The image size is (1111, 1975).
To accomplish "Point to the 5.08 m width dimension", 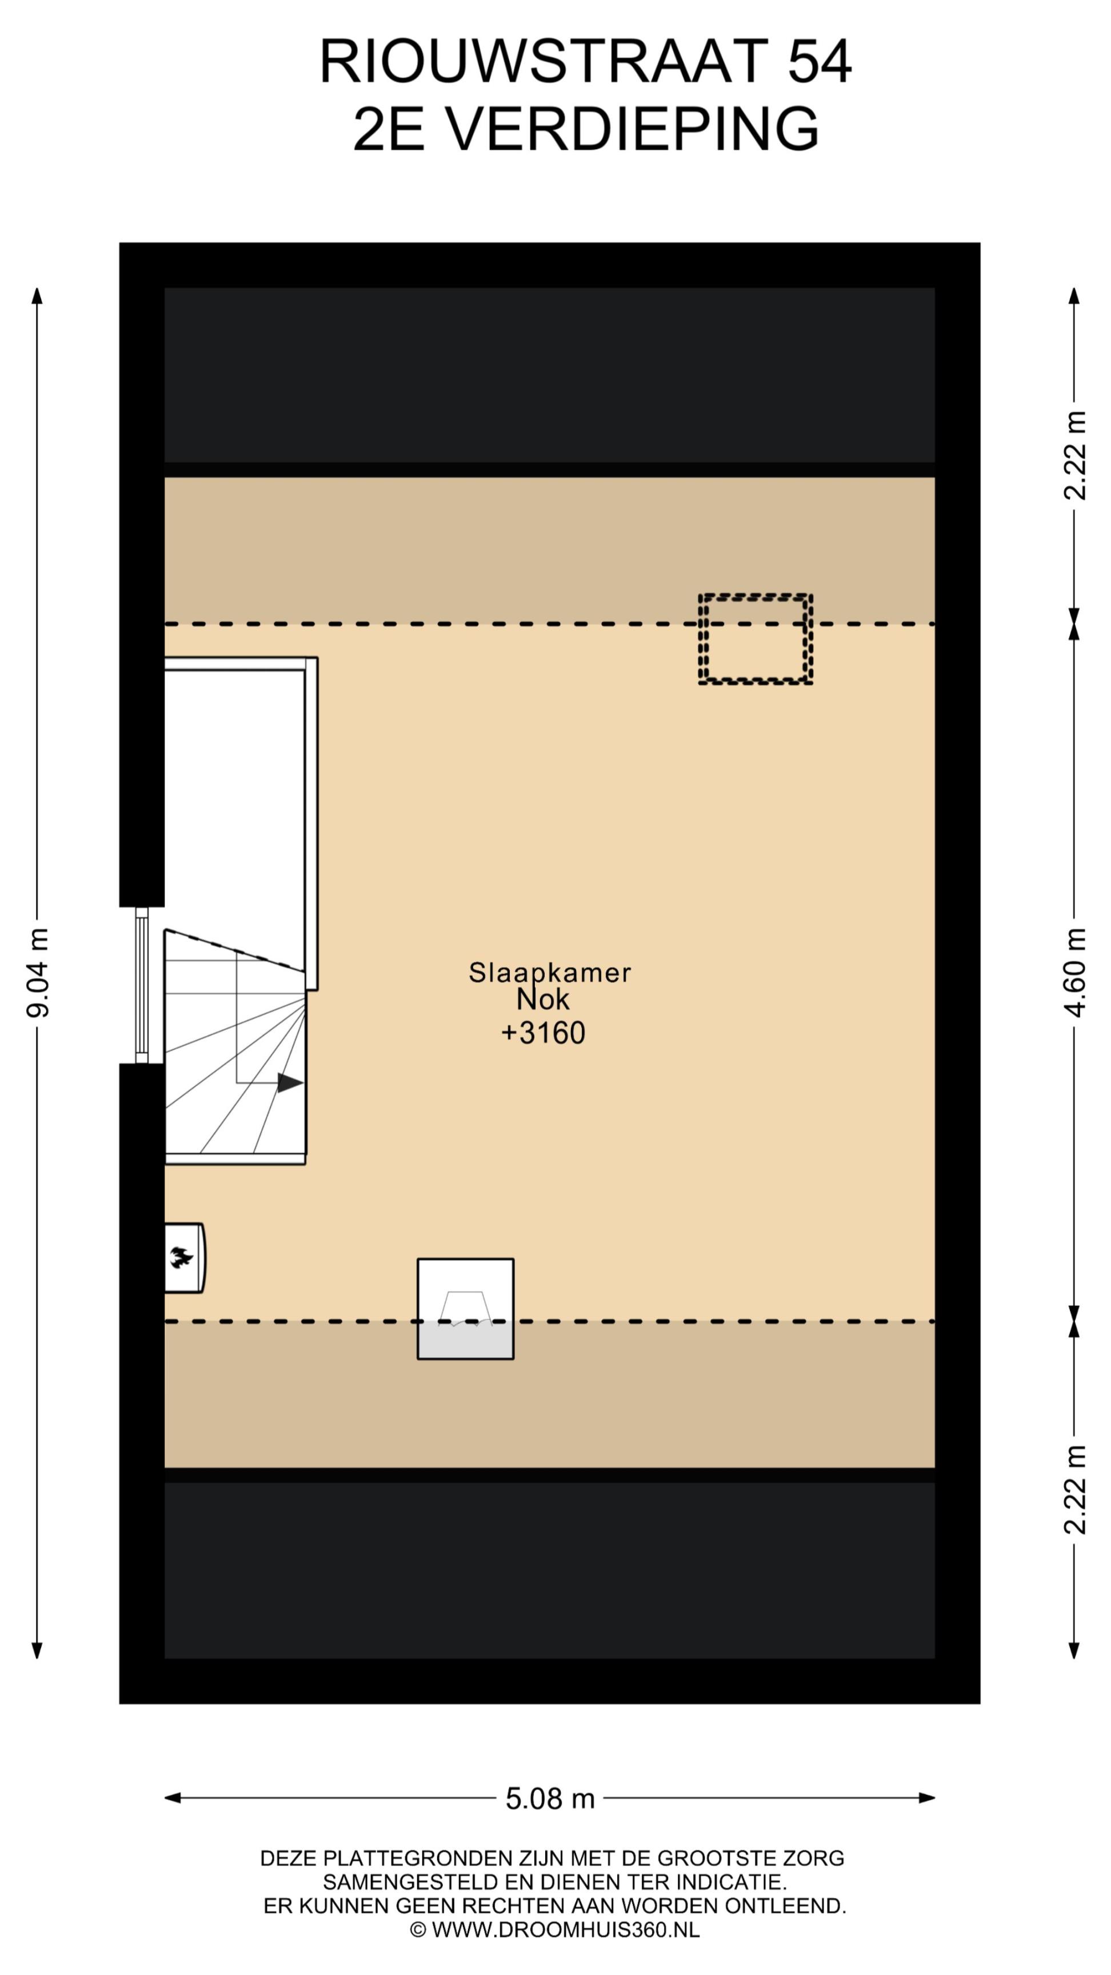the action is [x=550, y=1798].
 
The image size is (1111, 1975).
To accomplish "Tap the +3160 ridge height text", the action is [x=543, y=1033].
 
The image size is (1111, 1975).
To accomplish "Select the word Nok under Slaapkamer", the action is [x=543, y=999].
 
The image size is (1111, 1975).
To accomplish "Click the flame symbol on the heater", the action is [x=181, y=1257].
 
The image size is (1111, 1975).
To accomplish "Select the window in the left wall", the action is [x=142, y=985].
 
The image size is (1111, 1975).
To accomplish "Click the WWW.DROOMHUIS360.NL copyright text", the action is [x=566, y=1930].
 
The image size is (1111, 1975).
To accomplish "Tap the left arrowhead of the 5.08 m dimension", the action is [x=173, y=1798].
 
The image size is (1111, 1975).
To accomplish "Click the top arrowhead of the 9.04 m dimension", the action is [x=37, y=296].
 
